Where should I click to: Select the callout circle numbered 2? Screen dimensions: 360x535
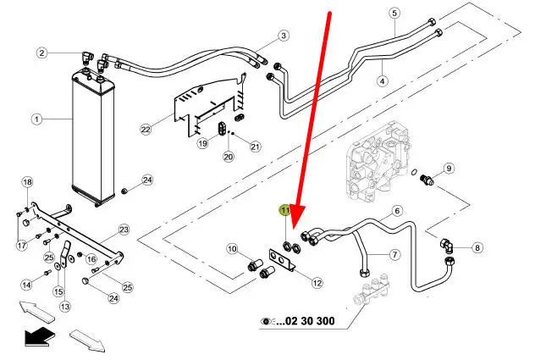coord(40,53)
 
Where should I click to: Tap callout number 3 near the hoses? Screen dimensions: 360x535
coord(284,36)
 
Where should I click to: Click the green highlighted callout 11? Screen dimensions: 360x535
coord(286,210)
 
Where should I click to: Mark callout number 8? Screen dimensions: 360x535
coord(477,247)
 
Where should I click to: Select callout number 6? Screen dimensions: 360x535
coord(396,211)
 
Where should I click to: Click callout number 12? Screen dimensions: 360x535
coord(317,283)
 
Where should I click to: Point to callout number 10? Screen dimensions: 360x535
coord(231,248)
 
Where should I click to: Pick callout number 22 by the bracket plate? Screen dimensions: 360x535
coord(145,129)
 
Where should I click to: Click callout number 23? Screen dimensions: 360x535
coord(123,229)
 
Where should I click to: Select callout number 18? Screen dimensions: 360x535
coord(26,183)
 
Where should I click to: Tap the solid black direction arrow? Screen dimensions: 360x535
coord(35,337)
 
